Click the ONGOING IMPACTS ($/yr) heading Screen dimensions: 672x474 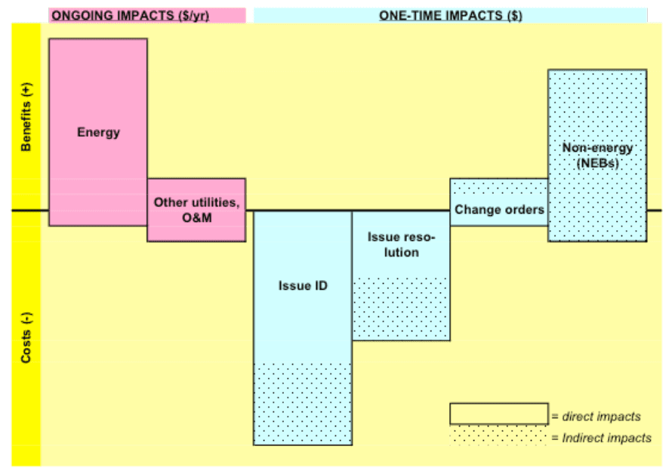click(131, 16)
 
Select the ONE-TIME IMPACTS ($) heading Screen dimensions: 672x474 click(451, 16)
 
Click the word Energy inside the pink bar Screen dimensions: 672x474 click(98, 132)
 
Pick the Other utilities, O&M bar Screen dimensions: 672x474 click(196, 210)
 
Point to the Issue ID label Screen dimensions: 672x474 click(303, 285)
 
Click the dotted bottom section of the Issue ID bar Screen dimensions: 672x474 click(303, 404)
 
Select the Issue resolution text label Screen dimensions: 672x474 click(401, 245)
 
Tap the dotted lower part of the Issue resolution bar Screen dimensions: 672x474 click(401, 309)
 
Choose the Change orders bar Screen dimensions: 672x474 click(499, 202)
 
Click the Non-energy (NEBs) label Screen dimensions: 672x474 click(597, 155)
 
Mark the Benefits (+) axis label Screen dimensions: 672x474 click(26, 116)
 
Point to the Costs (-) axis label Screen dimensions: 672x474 click(26, 337)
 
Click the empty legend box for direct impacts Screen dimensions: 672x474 click(499, 414)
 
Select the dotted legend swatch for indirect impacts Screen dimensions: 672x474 click(499, 436)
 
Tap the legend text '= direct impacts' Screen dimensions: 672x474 click(596, 416)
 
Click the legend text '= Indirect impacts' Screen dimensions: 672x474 click(601, 438)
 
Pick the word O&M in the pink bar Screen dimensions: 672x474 click(197, 217)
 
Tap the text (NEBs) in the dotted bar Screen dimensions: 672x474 click(597, 163)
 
